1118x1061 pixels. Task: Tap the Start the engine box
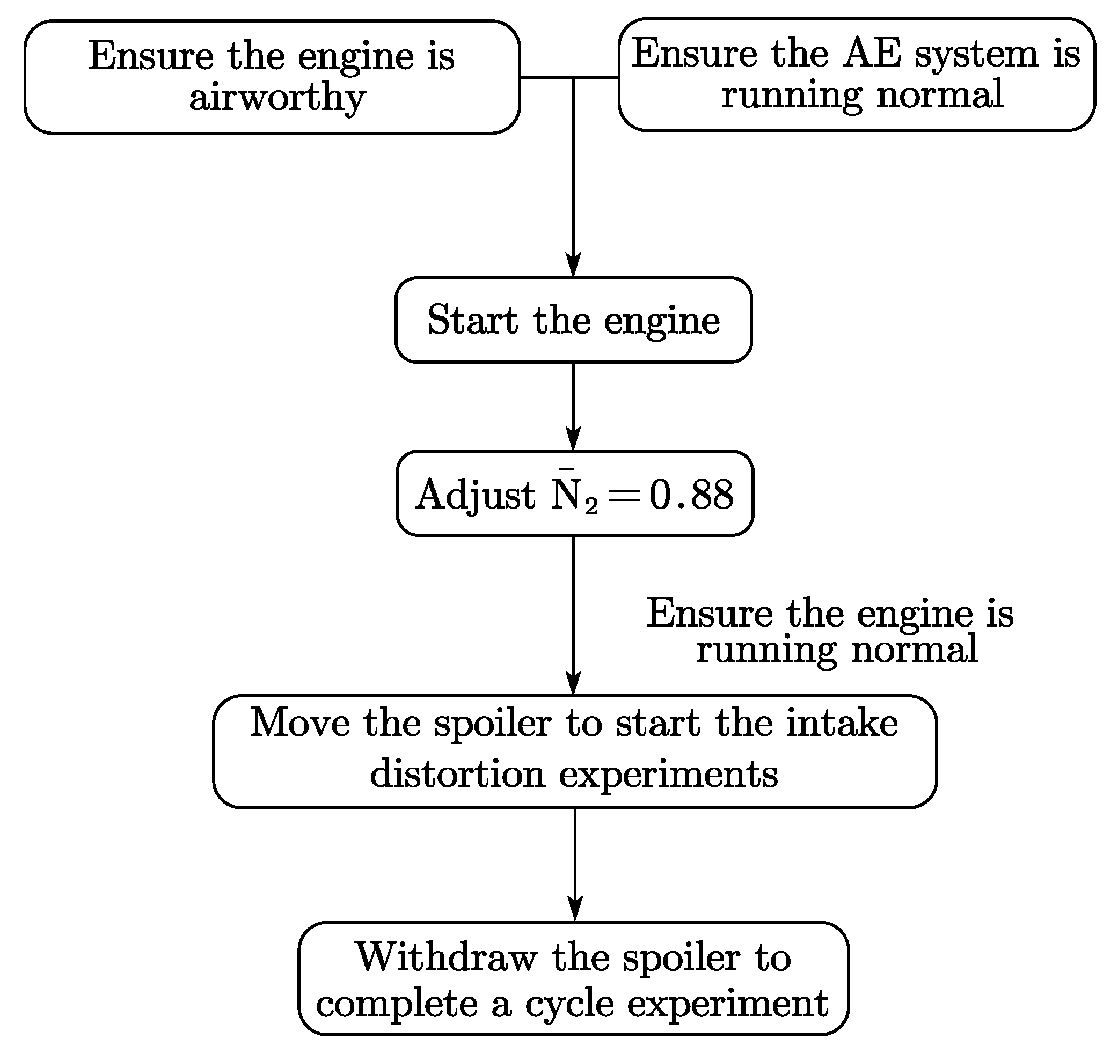[573, 320]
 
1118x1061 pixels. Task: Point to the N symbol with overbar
[565, 493]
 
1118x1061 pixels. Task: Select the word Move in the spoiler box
[300, 724]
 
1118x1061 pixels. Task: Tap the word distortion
[457, 773]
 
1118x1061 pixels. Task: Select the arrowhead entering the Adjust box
[573, 439]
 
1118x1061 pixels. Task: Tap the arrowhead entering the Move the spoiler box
[573, 683]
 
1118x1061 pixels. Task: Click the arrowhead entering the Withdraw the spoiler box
[575, 909]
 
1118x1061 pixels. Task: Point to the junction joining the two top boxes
[573, 77]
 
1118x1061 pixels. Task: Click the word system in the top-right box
[976, 54]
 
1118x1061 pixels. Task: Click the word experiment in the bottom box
[728, 1005]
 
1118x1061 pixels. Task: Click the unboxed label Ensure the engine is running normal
[830, 631]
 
